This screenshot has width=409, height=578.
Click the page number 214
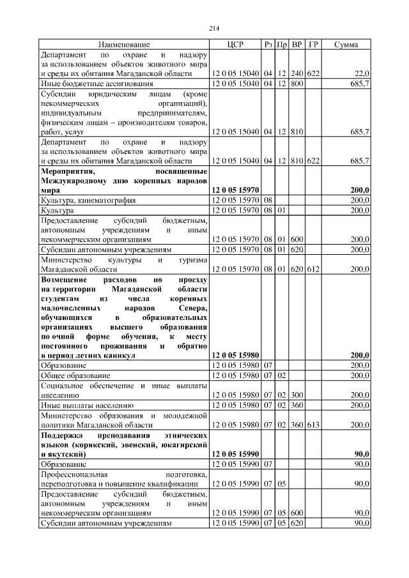(214, 27)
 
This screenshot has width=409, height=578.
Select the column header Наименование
(124, 45)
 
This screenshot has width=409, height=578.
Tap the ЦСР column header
(235, 45)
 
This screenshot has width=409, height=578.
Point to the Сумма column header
(346, 45)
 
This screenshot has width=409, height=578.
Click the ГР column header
(313, 45)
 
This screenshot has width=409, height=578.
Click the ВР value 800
(297, 84)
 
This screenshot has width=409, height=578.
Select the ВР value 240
(297, 74)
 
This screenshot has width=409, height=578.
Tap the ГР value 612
(313, 270)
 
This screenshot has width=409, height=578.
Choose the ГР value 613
(313, 425)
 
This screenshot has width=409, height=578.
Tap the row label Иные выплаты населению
(87, 405)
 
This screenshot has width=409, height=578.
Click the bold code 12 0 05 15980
(235, 355)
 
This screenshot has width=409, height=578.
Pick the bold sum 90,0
(362, 453)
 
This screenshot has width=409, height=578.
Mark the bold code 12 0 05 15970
(235, 190)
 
